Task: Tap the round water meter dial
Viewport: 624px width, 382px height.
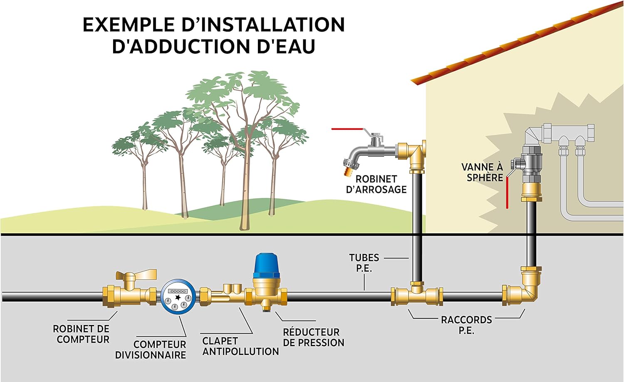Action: click(178, 296)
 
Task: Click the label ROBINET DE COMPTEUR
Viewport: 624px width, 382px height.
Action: click(81, 334)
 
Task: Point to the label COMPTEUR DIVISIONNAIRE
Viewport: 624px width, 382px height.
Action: click(151, 350)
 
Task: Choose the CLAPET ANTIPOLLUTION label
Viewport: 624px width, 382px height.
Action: click(240, 346)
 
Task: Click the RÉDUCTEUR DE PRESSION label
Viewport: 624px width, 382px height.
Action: click(313, 338)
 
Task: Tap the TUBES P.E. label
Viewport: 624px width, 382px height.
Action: click(364, 263)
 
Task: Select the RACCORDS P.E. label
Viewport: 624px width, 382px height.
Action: click(466, 325)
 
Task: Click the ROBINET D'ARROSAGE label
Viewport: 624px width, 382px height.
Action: click(376, 184)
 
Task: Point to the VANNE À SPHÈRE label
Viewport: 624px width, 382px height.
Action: click(483, 172)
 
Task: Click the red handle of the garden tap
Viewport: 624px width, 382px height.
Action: click(347, 129)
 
